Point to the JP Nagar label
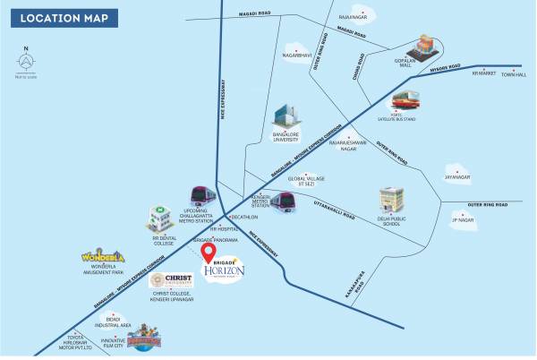click(462, 219)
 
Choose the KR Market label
click(483, 74)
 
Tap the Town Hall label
click(515, 74)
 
